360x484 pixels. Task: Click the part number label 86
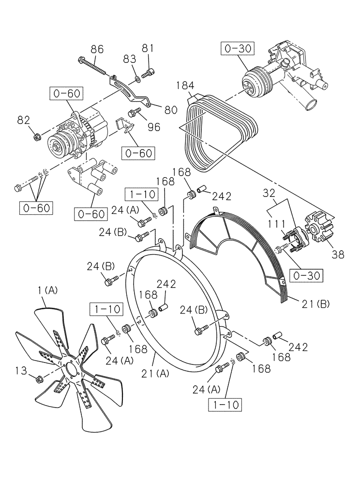click(97, 49)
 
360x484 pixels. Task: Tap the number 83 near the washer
click(129, 60)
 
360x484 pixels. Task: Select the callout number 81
click(148, 48)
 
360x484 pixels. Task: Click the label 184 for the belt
click(185, 87)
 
